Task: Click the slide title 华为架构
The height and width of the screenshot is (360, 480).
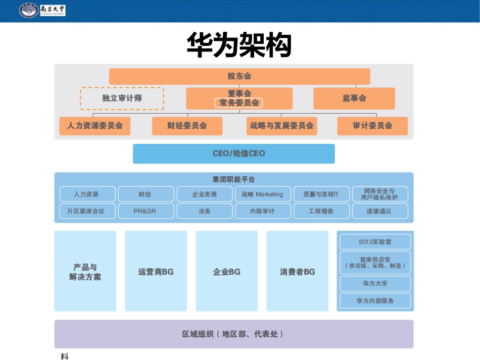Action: (x=239, y=45)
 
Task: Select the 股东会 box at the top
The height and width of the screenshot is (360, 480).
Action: (x=239, y=77)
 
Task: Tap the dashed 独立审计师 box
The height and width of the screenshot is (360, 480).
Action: (x=122, y=98)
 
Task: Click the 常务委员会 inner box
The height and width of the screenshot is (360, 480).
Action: (x=239, y=103)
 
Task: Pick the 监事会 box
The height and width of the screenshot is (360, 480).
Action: (x=354, y=98)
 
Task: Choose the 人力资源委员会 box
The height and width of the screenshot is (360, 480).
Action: (x=94, y=126)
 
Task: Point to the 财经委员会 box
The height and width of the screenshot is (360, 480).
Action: (x=187, y=126)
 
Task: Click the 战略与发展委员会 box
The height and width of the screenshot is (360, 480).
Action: (x=281, y=126)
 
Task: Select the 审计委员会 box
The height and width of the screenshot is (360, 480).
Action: (x=372, y=126)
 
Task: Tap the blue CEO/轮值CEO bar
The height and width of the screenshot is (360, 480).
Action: (x=233, y=153)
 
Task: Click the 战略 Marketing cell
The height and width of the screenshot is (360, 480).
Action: (x=263, y=194)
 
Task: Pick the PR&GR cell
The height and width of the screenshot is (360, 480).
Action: (x=146, y=211)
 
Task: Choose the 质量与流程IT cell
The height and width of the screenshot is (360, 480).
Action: (x=321, y=194)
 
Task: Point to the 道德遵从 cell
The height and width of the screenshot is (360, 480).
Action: (x=379, y=211)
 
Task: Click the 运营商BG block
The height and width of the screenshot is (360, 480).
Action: (x=156, y=272)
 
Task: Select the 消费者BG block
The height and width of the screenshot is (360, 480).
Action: (x=297, y=272)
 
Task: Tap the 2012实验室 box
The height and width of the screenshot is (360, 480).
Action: (x=375, y=242)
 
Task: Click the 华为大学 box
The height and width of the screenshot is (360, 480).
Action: (x=375, y=284)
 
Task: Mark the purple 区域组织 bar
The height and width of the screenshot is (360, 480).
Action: (x=233, y=334)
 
